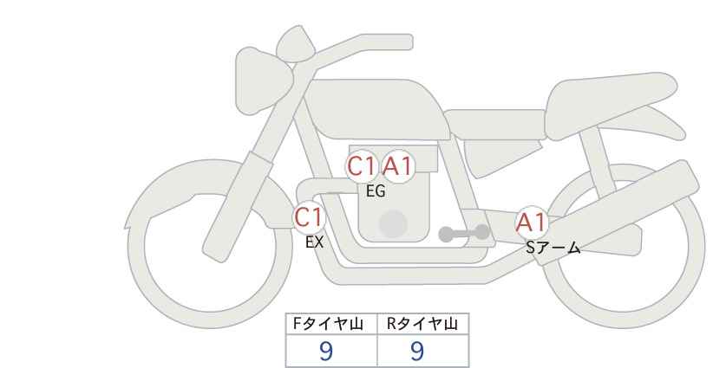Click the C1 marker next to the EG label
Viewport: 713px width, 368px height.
coord(362,166)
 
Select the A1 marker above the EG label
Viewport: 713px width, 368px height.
coord(397,166)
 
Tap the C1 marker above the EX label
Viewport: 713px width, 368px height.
coord(309,216)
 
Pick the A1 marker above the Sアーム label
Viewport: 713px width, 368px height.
coord(531,223)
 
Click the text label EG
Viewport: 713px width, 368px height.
coord(376,191)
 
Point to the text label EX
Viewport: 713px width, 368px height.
coord(314,242)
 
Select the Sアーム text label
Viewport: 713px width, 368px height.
coord(553,248)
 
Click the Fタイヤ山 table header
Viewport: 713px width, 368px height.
coord(328,324)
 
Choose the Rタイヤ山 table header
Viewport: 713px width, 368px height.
coord(422,324)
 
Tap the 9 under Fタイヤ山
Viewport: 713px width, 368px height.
coord(326,351)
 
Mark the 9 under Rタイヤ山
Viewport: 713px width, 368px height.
coord(417,351)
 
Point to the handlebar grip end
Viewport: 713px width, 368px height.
coord(405,42)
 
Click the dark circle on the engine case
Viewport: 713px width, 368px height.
coord(393,223)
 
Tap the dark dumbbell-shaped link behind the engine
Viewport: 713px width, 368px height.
coord(464,233)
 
